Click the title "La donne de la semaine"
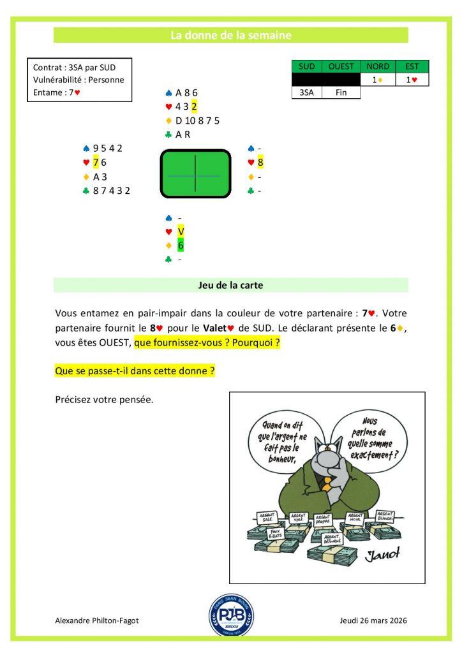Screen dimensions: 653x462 [230, 35]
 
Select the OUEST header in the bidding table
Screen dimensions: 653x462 [341, 66]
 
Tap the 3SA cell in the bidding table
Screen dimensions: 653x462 [306, 92]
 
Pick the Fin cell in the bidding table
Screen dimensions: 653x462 [341, 92]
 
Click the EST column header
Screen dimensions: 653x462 [412, 66]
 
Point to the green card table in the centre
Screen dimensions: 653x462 [195, 173]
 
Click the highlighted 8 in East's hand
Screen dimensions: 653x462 [260, 163]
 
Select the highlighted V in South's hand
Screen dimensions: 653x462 [181, 231]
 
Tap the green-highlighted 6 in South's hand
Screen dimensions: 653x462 [181, 246]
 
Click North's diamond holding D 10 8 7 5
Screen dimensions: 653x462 [197, 121]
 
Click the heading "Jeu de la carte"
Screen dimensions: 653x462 [230, 285]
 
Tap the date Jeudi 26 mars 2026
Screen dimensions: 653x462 [374, 620]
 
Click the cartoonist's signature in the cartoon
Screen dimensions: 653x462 [382, 555]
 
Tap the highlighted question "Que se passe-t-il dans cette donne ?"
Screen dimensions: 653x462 [135, 370]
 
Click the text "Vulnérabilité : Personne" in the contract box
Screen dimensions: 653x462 [78, 80]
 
